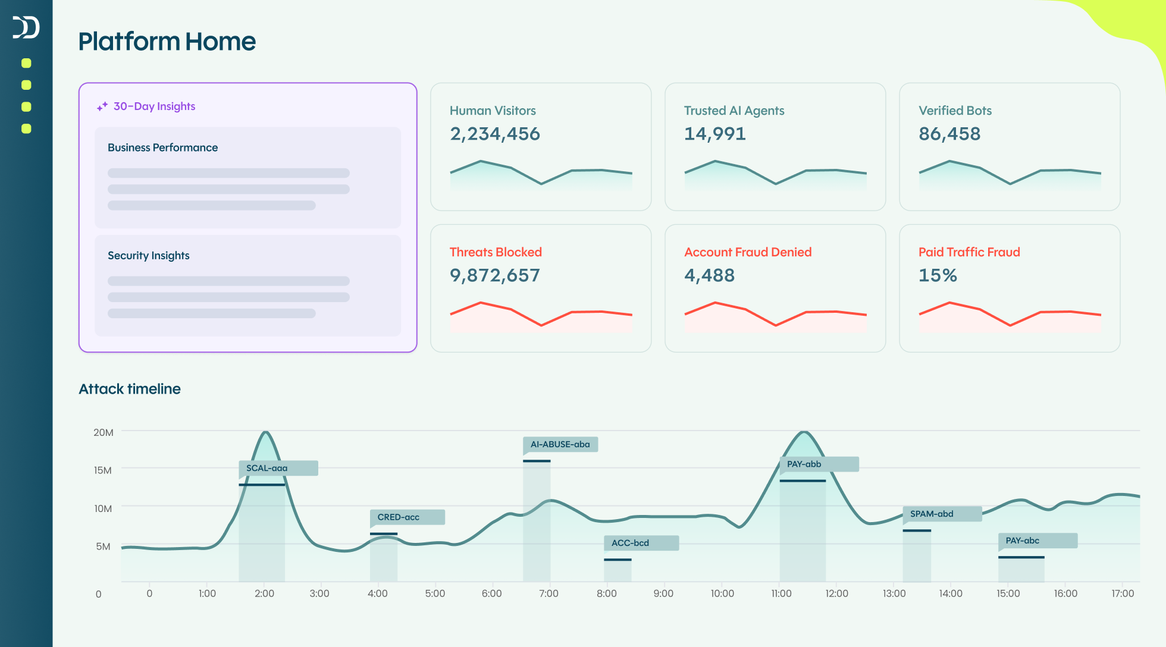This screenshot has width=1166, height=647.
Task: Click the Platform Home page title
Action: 167,42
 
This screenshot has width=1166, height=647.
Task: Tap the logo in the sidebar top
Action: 26,27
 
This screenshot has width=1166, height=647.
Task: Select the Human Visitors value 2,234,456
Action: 494,134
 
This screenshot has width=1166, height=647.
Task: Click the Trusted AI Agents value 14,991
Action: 714,134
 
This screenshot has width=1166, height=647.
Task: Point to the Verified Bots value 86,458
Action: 949,134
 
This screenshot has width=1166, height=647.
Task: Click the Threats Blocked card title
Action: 496,252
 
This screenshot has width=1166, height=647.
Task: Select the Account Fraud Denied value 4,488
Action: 709,275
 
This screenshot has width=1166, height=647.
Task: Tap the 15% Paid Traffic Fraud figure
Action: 938,275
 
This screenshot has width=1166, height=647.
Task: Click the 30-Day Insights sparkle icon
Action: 102,106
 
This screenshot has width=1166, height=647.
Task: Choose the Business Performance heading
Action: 162,147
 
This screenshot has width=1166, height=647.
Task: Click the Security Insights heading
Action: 148,256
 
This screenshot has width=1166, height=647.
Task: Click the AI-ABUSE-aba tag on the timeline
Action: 560,444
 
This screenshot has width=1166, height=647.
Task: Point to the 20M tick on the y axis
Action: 103,432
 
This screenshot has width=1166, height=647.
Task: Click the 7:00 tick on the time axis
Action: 548,593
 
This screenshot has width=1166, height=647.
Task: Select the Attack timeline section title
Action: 130,389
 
